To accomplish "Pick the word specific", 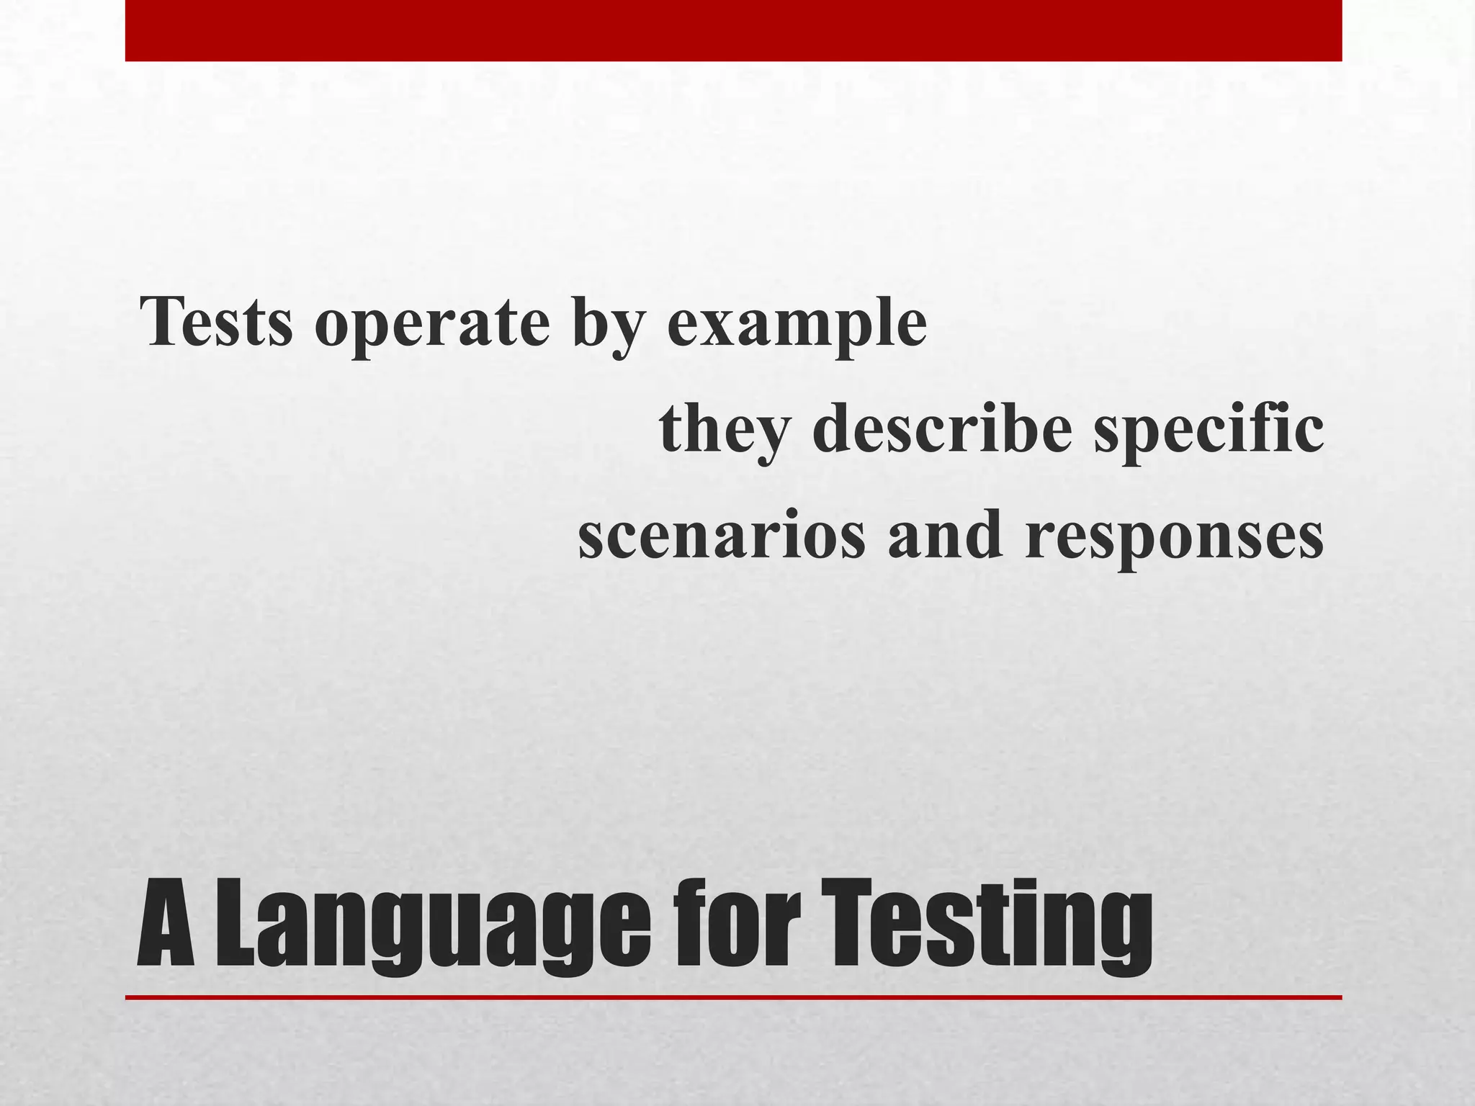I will coord(1208,431).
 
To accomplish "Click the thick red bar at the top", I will coord(733,30).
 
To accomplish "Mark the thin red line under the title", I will coord(733,997).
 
